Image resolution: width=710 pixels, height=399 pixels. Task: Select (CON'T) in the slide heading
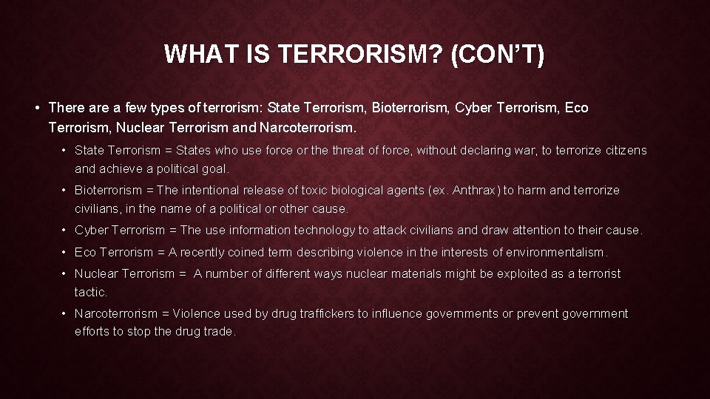496,55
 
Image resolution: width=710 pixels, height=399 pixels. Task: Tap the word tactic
90,293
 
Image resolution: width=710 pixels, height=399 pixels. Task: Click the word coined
246,253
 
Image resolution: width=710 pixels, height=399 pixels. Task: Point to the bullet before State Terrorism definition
64,151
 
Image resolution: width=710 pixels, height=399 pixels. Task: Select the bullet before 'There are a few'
37,109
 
